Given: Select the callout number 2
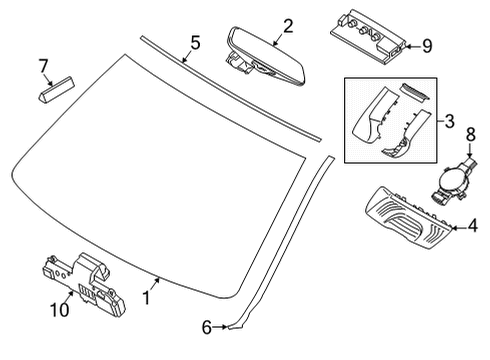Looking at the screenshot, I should click(287, 25).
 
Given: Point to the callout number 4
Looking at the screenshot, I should click(473, 227).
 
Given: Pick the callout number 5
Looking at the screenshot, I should click(195, 42).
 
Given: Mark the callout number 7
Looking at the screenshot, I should click(43, 66).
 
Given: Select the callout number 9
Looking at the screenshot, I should click(427, 45).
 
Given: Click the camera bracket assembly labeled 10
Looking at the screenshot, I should click(85, 281).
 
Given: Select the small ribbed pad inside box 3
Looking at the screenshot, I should click(412, 92).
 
